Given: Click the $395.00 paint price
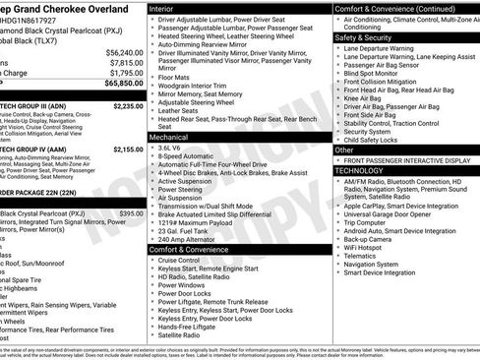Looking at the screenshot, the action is point(131,212).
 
